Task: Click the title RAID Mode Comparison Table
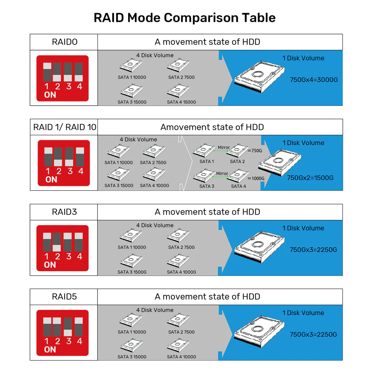pos(185,18)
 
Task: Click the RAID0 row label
pos(65,42)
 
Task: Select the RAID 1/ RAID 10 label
pos(65,127)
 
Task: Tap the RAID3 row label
pos(64,212)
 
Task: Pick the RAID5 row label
pos(64,297)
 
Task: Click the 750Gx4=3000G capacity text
pos(314,80)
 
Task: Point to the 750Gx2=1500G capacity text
pos(310,178)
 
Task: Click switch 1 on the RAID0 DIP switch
pos(47,72)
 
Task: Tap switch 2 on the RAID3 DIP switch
pos(57,242)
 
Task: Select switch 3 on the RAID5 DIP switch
pos(68,327)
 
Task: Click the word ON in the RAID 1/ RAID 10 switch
pos(51,180)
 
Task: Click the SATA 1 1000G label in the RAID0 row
pos(132,77)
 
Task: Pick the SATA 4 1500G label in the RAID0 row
pos(181,102)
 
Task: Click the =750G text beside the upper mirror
pos(255,151)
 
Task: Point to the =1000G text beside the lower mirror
pos(256,179)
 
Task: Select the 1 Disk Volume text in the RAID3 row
pos(303,228)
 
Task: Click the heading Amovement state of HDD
pos(212,127)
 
